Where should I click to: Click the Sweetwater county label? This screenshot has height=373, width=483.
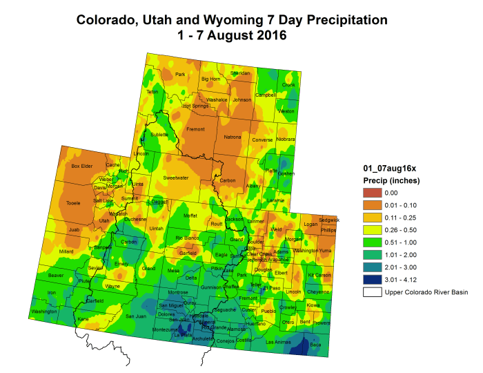(x=176, y=178)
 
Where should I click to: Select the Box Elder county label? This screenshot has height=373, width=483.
(x=82, y=166)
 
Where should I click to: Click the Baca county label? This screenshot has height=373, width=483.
(x=315, y=344)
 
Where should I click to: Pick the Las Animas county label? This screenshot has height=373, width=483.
(x=279, y=342)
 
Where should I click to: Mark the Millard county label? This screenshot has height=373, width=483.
(x=67, y=251)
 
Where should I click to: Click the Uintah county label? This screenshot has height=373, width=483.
(x=156, y=228)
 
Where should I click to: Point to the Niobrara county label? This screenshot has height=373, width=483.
(x=285, y=140)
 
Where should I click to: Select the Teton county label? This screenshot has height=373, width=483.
(x=152, y=92)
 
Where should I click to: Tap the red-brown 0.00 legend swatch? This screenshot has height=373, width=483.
(x=373, y=193)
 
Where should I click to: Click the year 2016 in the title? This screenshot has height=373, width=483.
(x=270, y=35)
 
